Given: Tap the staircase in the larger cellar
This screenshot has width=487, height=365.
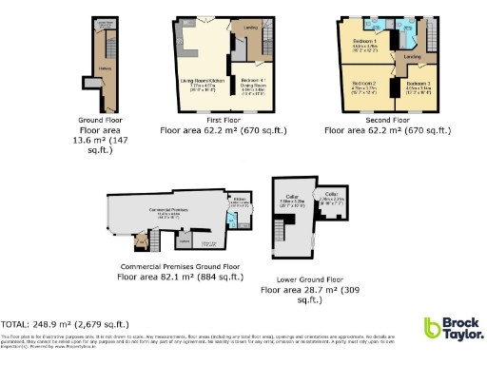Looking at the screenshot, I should click(282, 229).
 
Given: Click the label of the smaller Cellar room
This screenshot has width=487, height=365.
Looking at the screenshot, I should click(332, 194).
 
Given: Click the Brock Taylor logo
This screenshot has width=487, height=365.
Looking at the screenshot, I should click(453, 330).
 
